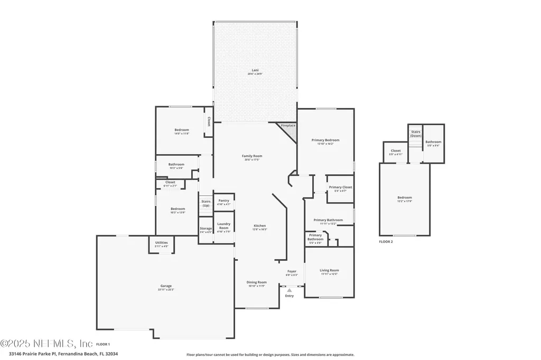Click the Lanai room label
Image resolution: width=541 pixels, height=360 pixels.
(x=255, y=70)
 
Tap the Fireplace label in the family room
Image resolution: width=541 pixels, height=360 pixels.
(x=288, y=126)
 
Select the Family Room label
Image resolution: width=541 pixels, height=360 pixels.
(x=252, y=156)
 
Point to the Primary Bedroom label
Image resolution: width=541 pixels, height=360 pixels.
(x=325, y=140)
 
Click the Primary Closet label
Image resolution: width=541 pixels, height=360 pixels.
(x=340, y=187)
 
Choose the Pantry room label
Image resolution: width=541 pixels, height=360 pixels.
(x=223, y=201)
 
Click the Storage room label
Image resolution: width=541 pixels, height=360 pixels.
(x=206, y=229)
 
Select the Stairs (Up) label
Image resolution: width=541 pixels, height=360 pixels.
(x=206, y=203)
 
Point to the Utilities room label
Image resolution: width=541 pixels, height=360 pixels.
(x=162, y=243)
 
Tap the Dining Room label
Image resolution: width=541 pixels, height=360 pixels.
(x=257, y=282)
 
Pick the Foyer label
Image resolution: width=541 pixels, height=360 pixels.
(x=292, y=271)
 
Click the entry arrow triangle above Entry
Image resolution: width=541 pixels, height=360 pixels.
(x=289, y=290)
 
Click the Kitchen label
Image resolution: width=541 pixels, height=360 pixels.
(x=259, y=226)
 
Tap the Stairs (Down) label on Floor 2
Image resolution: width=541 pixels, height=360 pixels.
(x=416, y=133)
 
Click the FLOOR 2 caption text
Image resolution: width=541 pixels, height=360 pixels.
(x=386, y=242)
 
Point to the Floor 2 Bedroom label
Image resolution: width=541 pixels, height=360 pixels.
(x=404, y=198)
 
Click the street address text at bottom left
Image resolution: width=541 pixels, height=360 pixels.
(x=63, y=354)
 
